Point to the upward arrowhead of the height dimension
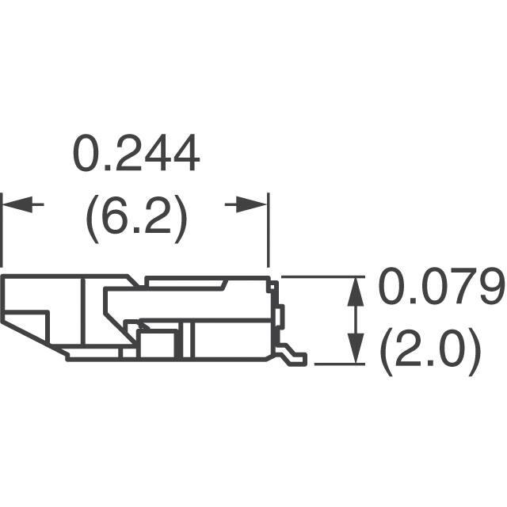356,288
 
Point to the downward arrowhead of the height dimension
356,352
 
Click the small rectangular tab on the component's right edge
280,315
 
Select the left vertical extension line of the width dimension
2,230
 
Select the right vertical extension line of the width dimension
269,230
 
